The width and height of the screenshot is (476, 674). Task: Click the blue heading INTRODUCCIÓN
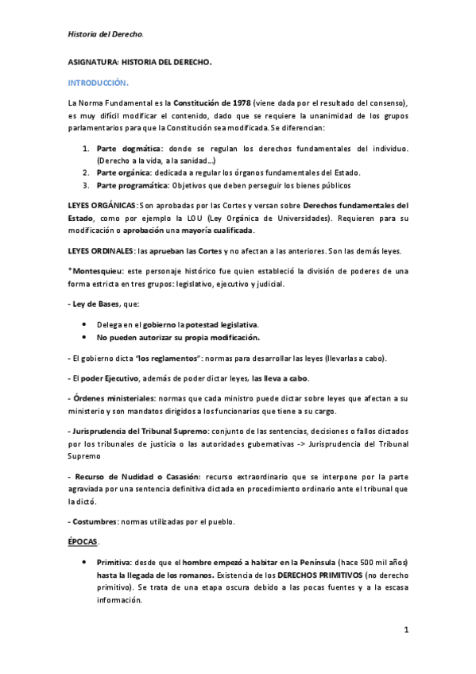[x=98, y=82]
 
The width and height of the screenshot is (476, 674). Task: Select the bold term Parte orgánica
[x=124, y=172]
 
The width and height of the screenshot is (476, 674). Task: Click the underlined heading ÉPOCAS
[x=83, y=540]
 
